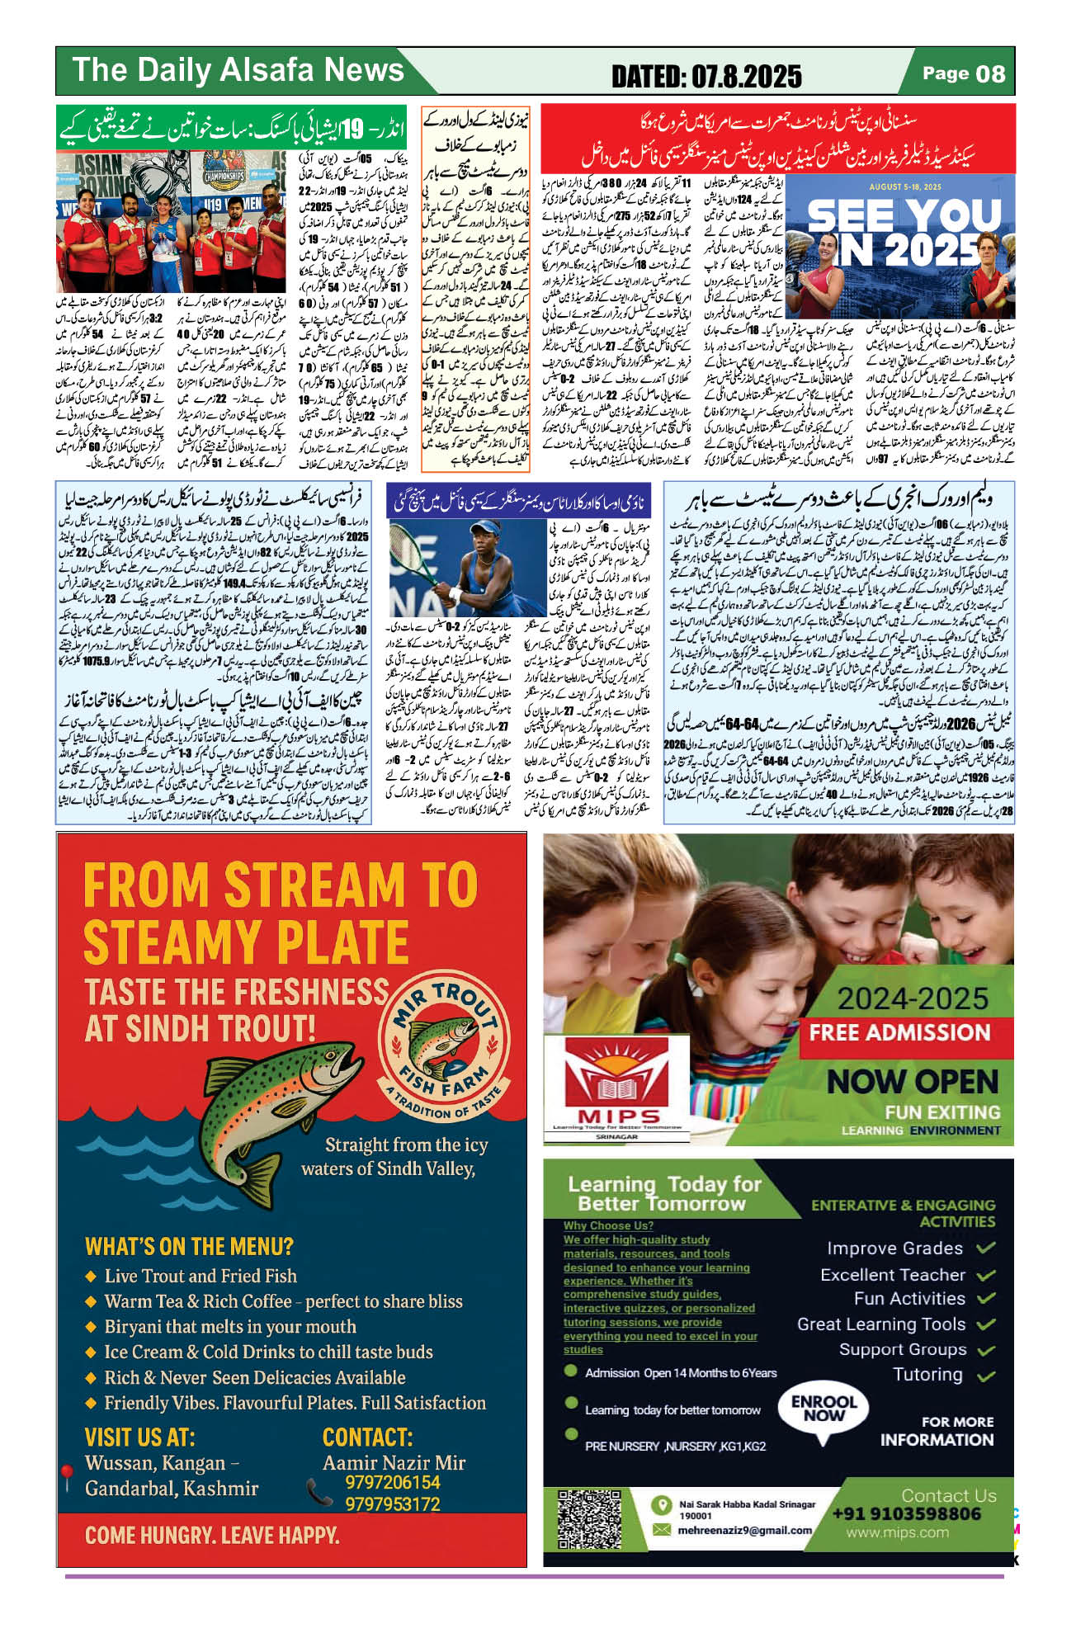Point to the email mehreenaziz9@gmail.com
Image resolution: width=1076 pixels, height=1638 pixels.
click(744, 1530)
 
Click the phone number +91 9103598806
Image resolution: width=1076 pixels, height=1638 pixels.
click(906, 1513)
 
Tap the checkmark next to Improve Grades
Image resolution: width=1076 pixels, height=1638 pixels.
click(985, 1248)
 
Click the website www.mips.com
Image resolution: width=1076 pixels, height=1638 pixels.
click(897, 1532)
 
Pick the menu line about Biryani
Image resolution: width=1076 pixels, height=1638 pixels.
click(229, 1327)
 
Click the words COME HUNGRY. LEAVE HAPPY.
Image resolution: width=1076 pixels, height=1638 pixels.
click(212, 1536)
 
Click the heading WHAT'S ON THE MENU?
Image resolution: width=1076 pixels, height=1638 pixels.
click(189, 1245)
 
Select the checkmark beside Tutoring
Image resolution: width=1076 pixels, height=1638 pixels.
click(985, 1376)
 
